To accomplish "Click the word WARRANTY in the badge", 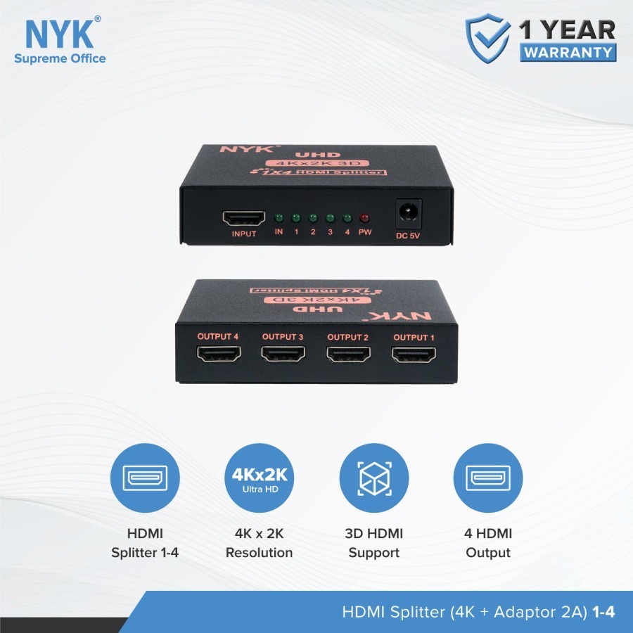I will (568, 52).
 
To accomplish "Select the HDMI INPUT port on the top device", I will (243, 217).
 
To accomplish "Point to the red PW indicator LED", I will (364, 217).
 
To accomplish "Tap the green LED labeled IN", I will (279, 217).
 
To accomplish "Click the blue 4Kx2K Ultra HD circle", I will (259, 478).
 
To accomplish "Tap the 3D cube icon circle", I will (373, 478).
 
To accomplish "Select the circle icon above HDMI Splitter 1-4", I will (145, 478).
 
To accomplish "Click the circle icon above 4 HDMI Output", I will (488, 478).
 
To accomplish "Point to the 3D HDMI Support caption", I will (373, 543).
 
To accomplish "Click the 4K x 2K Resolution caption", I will (259, 543).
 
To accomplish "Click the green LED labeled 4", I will (347, 217).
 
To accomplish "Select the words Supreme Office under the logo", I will (60, 58).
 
